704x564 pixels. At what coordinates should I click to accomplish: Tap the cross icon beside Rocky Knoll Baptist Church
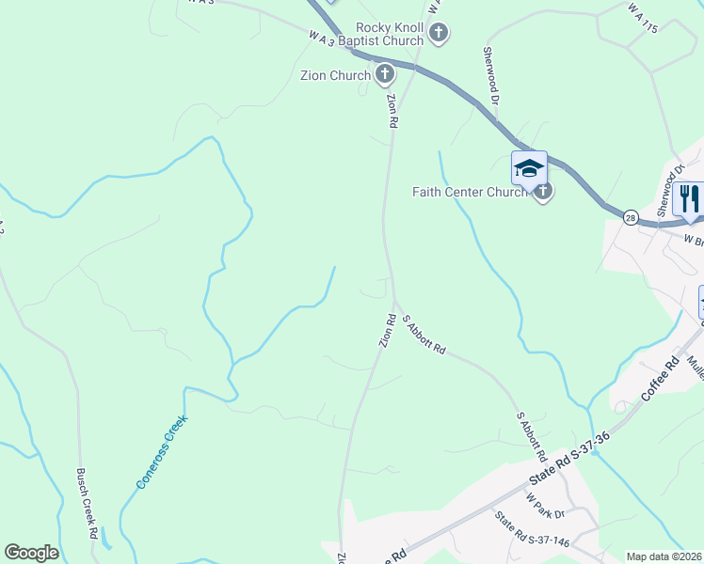tap(438, 35)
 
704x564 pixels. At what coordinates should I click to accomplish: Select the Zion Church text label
tap(334, 75)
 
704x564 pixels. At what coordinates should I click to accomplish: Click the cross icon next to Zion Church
tap(384, 74)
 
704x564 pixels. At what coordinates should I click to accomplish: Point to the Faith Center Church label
tap(471, 193)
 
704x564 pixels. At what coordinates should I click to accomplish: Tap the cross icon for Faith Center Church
tap(542, 192)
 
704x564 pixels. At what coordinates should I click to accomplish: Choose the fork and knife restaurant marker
tap(689, 198)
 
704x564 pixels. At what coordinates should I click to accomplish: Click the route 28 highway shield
tap(631, 217)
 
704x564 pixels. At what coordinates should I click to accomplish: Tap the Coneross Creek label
tap(162, 452)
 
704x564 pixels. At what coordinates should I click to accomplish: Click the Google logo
tap(31, 553)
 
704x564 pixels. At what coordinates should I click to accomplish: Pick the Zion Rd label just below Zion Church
tap(392, 110)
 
